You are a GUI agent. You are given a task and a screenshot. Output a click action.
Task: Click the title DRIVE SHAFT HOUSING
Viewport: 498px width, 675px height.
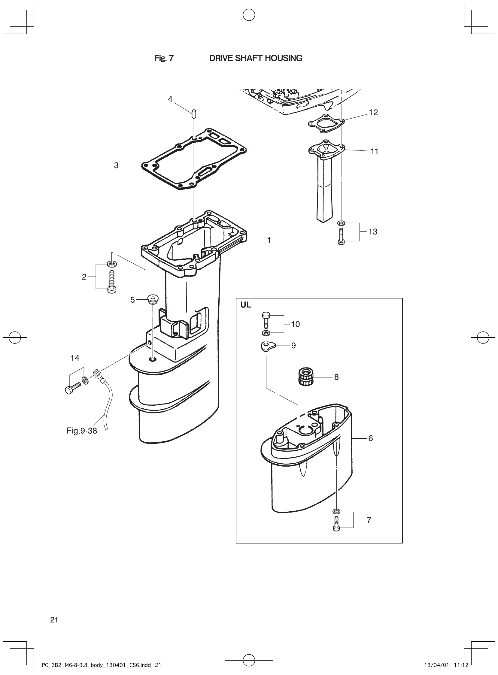point(256,58)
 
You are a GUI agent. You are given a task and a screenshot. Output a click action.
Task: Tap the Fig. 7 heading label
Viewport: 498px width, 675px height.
point(164,58)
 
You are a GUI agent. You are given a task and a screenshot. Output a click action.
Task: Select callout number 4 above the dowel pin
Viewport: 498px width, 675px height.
point(170,99)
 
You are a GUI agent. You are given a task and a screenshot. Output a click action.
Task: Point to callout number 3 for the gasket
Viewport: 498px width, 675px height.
point(116,165)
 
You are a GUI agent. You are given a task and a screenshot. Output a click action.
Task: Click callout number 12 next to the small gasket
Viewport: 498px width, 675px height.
point(373,112)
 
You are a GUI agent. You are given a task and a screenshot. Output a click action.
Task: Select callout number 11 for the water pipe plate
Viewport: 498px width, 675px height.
point(375,151)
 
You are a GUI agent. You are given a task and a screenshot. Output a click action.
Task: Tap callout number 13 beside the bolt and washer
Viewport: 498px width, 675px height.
point(372,232)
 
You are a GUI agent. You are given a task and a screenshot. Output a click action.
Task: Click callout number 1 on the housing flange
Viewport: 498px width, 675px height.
point(269,240)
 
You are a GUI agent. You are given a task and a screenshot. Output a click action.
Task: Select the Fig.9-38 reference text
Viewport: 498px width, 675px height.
point(82,431)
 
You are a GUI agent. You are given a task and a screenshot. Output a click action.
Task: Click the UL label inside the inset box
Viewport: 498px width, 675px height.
point(246,305)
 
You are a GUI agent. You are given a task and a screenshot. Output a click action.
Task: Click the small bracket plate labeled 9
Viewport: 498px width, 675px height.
point(268,347)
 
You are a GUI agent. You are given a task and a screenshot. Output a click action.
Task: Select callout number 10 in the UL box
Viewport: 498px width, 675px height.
point(295,324)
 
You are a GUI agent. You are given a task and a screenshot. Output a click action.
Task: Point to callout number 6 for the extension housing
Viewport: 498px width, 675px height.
point(370,438)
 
